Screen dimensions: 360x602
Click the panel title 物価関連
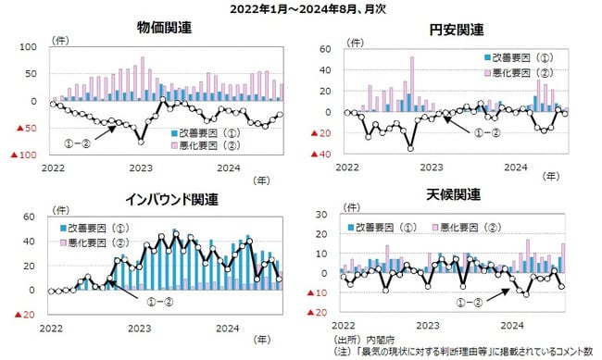click(164, 27)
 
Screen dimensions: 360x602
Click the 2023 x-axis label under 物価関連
click(141, 168)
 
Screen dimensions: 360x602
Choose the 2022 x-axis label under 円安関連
click(346, 168)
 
